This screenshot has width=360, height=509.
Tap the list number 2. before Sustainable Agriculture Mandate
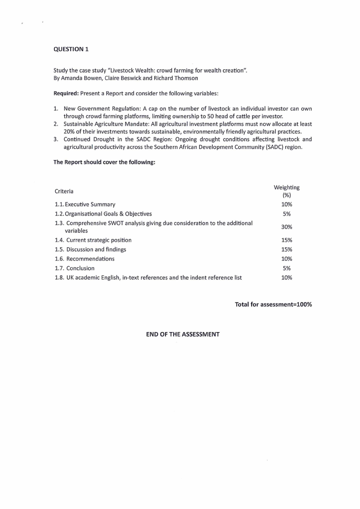point(56,124)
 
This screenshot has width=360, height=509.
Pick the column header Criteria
point(64,191)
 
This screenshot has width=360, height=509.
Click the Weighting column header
point(287,187)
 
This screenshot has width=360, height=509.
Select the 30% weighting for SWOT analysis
point(287,227)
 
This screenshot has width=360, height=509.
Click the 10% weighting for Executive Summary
point(287,205)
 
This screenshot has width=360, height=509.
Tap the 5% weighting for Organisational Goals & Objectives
point(287,214)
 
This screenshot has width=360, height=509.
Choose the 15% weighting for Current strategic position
point(287,240)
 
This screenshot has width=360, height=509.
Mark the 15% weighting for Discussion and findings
point(287,250)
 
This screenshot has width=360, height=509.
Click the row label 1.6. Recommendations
point(84,259)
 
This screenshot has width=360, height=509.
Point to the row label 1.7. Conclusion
point(74,268)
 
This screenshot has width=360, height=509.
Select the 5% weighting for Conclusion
point(287,268)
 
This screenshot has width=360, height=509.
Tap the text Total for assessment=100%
point(273,304)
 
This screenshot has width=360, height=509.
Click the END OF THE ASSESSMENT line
point(182,334)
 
